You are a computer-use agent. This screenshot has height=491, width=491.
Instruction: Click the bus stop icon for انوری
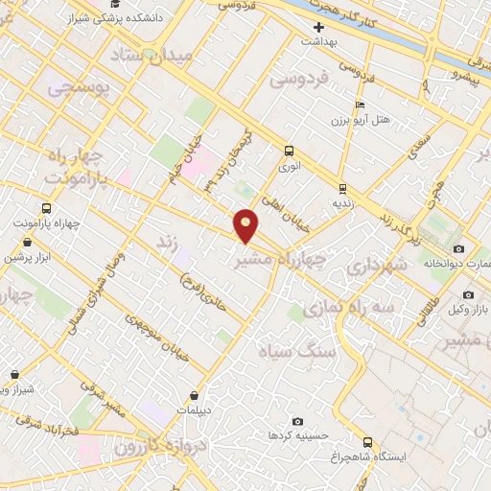289,151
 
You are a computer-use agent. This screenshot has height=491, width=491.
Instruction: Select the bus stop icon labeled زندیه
342,188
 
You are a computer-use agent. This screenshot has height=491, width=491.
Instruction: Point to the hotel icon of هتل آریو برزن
360,105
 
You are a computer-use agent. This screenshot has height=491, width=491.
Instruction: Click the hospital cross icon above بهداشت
318,27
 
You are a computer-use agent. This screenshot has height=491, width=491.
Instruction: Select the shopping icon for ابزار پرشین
12,242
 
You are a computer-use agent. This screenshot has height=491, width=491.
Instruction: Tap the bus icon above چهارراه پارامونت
46,208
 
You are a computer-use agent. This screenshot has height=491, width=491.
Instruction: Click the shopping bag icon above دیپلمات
195,394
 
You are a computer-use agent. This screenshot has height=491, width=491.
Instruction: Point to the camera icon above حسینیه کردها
296,421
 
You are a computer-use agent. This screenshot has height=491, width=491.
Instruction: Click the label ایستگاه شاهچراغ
420,456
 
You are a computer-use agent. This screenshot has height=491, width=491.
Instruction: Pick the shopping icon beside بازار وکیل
457,293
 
